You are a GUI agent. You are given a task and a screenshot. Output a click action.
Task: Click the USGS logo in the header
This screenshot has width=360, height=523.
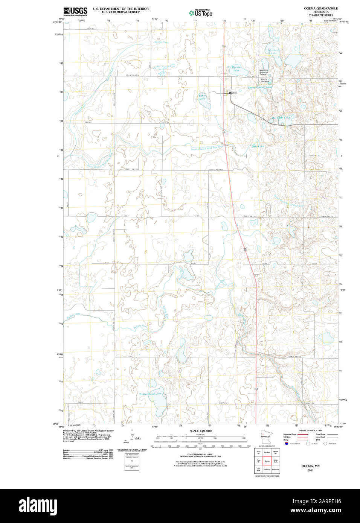coord(75,11)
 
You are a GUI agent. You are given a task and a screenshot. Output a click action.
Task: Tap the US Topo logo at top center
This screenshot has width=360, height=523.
coord(201,13)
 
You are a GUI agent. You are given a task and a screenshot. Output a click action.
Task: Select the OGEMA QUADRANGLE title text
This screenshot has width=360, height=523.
coord(321,8)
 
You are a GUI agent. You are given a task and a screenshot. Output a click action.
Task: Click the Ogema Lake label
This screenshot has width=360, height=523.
coord(236,68)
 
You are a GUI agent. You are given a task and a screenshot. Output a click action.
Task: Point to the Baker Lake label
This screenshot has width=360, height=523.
coord(202,97)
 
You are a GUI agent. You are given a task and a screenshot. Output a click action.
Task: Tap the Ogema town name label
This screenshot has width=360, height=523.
coord(233,93)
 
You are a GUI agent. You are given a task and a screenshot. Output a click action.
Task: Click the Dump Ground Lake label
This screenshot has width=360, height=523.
coord(260,87)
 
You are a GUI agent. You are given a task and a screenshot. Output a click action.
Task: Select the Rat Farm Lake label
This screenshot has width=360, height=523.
coord(281,118)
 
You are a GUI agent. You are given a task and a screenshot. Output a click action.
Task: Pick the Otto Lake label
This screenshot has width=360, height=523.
coord(258,146)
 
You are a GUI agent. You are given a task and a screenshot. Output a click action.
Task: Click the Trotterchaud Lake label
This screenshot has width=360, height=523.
coord(150,394)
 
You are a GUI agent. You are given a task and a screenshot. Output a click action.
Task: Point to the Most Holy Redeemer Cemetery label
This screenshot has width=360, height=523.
coord(264,72)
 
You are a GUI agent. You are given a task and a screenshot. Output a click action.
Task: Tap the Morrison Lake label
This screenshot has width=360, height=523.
coord(274,52)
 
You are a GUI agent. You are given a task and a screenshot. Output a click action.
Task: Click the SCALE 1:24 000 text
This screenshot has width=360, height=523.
coord(200,431)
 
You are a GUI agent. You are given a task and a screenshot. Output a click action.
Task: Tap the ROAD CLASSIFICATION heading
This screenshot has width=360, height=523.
coord(310,430)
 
